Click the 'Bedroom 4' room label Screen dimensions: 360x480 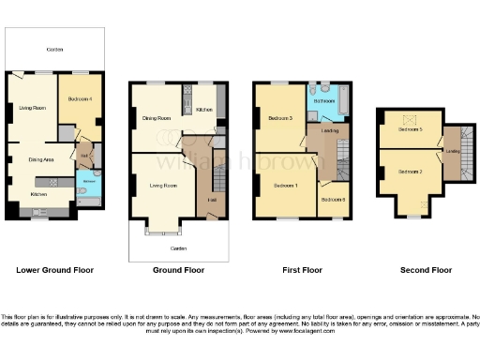point(80,98)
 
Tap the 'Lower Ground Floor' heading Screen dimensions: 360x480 point(55,270)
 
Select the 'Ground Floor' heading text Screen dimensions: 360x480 point(178,270)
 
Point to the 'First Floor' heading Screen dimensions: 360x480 point(302,270)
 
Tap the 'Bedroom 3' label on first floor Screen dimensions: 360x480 point(279,118)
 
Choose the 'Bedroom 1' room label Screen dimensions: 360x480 point(286,185)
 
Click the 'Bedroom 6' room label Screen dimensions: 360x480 point(333,200)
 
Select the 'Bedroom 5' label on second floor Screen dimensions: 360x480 point(410,129)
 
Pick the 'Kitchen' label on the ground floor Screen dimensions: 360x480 point(204,111)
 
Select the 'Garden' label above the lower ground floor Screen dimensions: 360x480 point(56,49)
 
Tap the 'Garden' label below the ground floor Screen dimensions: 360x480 point(178,247)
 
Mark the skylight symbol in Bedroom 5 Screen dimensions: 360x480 point(407,119)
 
